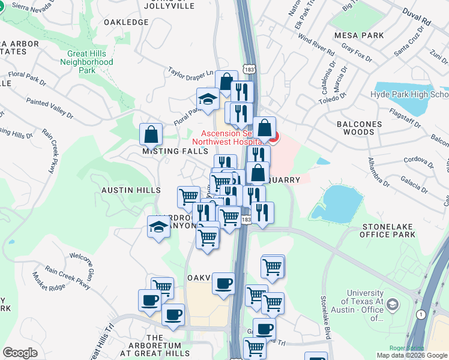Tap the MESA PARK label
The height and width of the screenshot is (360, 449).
[x=360, y=35]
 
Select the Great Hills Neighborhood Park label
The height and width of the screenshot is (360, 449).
[x=87, y=62]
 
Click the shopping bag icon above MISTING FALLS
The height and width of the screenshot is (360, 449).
[x=151, y=134]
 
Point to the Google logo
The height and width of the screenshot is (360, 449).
[x=20, y=353]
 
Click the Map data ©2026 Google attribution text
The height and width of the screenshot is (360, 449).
[x=411, y=355]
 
